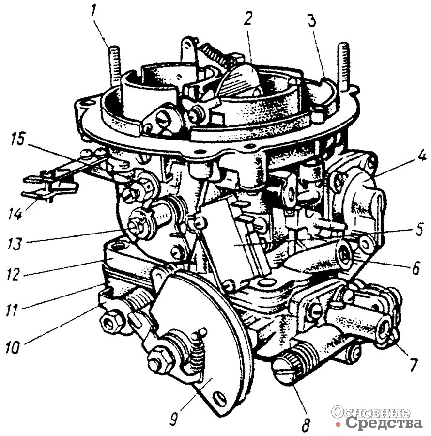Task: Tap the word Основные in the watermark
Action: (370, 413)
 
